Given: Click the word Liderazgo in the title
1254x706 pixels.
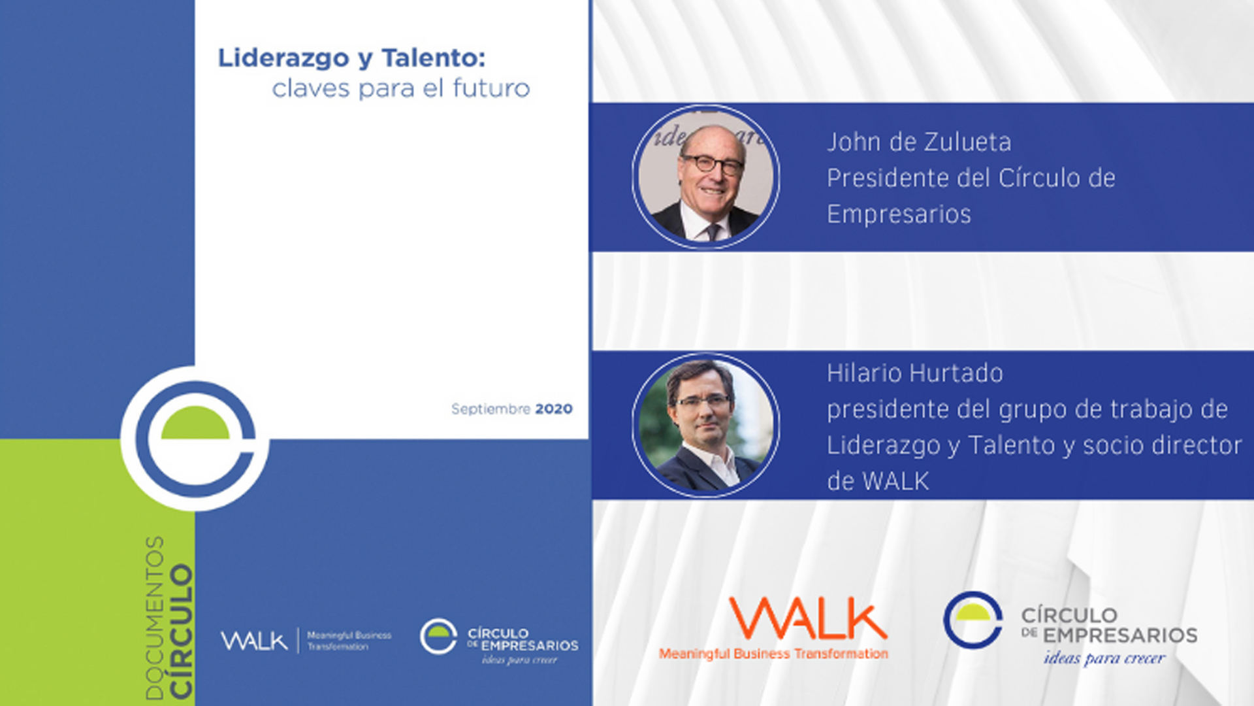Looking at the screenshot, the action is coord(283,59).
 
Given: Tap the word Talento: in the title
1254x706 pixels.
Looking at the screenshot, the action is coord(434,58).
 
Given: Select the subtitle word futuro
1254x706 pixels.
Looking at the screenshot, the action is coord(491,88).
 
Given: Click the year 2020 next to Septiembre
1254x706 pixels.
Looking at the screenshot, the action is coord(554,409).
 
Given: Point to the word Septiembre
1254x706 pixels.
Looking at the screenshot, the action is coord(490,410).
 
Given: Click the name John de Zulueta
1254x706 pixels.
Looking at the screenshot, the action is coord(919,142).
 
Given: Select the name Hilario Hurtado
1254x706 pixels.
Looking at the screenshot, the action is coord(914,373).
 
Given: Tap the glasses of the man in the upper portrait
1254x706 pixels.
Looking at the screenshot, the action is coord(713,163).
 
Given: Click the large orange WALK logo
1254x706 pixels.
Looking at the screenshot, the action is coord(808,618).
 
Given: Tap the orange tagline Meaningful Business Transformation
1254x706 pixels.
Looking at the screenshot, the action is coord(773,654).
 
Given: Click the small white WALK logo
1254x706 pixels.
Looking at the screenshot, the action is coord(254,641).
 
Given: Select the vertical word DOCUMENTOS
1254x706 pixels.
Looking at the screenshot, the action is coord(155,618).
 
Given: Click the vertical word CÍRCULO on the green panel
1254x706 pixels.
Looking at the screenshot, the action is coord(181,631).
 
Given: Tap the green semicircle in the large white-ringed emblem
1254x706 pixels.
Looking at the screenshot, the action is coord(195,423).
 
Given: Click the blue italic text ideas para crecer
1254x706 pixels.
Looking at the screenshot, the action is coord(1104,658).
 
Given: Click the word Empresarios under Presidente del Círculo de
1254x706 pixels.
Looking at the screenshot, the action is coord(899,214).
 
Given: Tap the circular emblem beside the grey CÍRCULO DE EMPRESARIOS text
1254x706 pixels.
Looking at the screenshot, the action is coord(973,620).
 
